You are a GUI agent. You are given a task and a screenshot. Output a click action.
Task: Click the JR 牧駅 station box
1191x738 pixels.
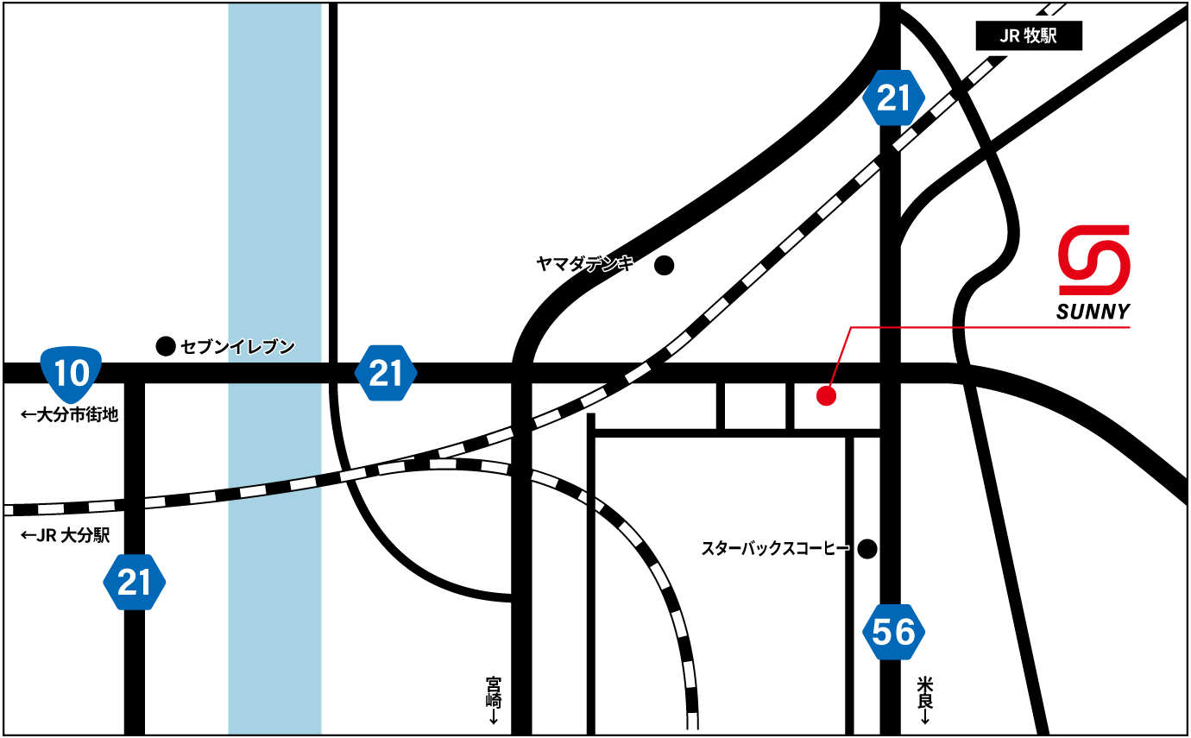(1029, 37)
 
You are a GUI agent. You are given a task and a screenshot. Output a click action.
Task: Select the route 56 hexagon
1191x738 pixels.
(893, 633)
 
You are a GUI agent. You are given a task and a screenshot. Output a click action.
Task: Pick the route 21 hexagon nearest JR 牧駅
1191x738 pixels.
(893, 98)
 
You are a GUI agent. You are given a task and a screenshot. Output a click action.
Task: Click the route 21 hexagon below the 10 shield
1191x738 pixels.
(134, 583)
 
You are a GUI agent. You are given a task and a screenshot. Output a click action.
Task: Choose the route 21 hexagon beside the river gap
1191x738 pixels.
(386, 373)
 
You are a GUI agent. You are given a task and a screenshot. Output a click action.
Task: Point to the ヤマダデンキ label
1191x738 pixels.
(585, 264)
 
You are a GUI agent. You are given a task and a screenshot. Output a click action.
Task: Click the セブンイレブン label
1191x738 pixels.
(237, 347)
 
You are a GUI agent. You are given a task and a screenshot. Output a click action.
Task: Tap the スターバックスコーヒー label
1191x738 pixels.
(774, 548)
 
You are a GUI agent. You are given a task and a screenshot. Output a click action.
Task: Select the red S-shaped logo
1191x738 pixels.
(1094, 260)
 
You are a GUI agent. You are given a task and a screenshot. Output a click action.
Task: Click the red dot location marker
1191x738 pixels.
(827, 396)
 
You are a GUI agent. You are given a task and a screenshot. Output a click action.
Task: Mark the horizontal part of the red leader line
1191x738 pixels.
(992, 328)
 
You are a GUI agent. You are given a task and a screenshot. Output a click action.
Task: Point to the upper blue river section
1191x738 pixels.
(274, 181)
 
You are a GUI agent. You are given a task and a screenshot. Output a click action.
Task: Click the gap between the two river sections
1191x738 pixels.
(274, 373)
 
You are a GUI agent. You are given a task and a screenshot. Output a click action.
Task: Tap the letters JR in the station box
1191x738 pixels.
(1010, 37)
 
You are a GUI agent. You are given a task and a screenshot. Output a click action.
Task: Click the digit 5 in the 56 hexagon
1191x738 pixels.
(881, 633)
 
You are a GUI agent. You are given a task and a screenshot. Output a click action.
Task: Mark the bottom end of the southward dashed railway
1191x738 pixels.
(692, 723)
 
